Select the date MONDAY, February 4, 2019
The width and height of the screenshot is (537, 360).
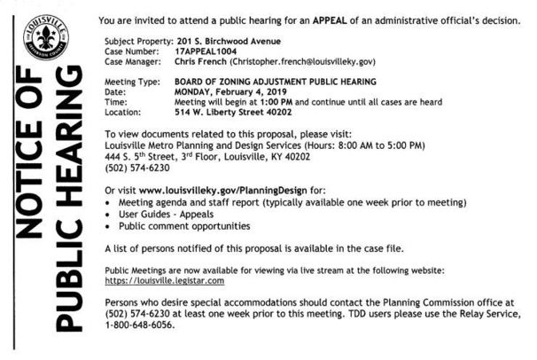point(234,92)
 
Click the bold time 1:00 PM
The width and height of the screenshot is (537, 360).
point(273,102)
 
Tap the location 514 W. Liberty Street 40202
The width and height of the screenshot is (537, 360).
point(234,113)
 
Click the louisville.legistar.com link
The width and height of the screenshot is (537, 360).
point(164,280)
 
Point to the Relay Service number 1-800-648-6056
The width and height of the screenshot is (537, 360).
point(140,325)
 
